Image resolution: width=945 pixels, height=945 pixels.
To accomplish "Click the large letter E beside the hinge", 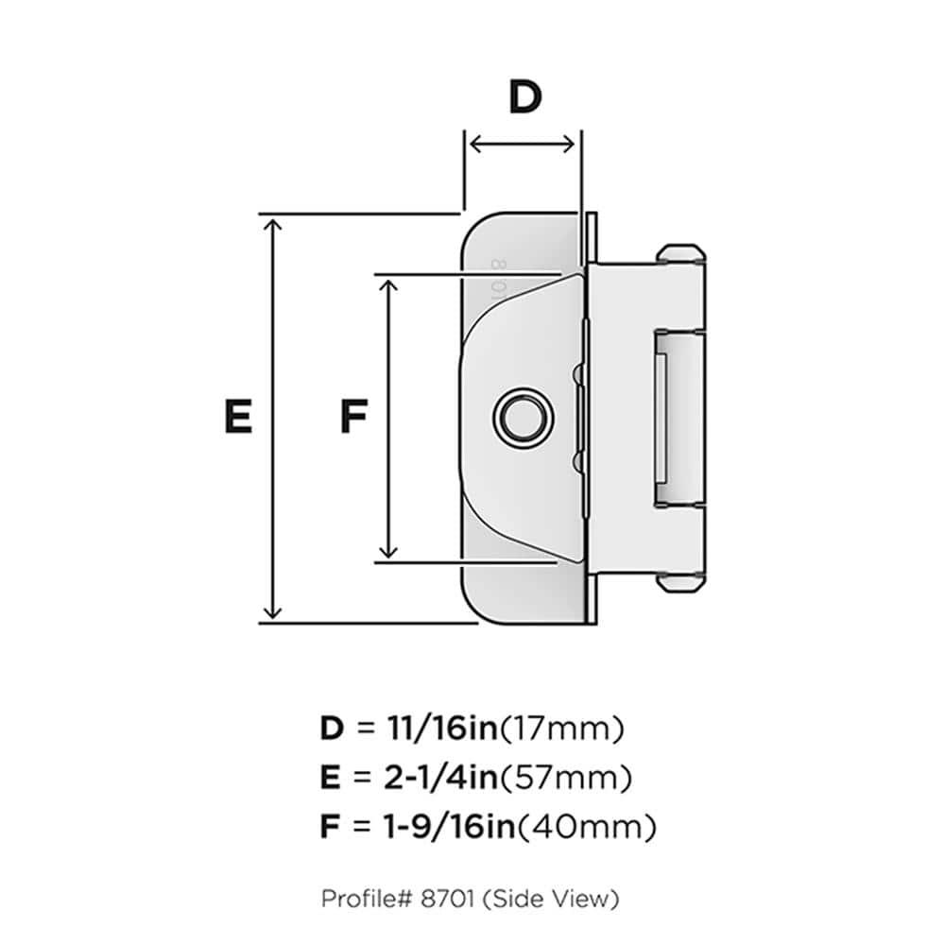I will pyautogui.click(x=238, y=417).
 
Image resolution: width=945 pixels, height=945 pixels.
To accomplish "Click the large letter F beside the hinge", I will pyautogui.click(x=352, y=417).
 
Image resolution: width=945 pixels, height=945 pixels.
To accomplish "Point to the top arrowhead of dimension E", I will pyautogui.click(x=273, y=224).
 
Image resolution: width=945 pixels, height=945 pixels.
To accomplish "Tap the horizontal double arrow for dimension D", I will pyautogui.click(x=522, y=144).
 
